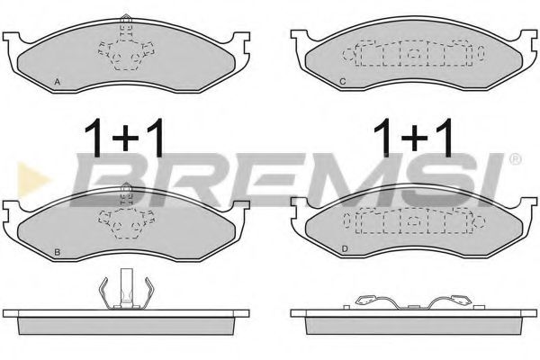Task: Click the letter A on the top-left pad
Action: pos(58,82)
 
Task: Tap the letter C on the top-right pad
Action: pos(343,83)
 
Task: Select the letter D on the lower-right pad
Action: pos(343,248)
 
